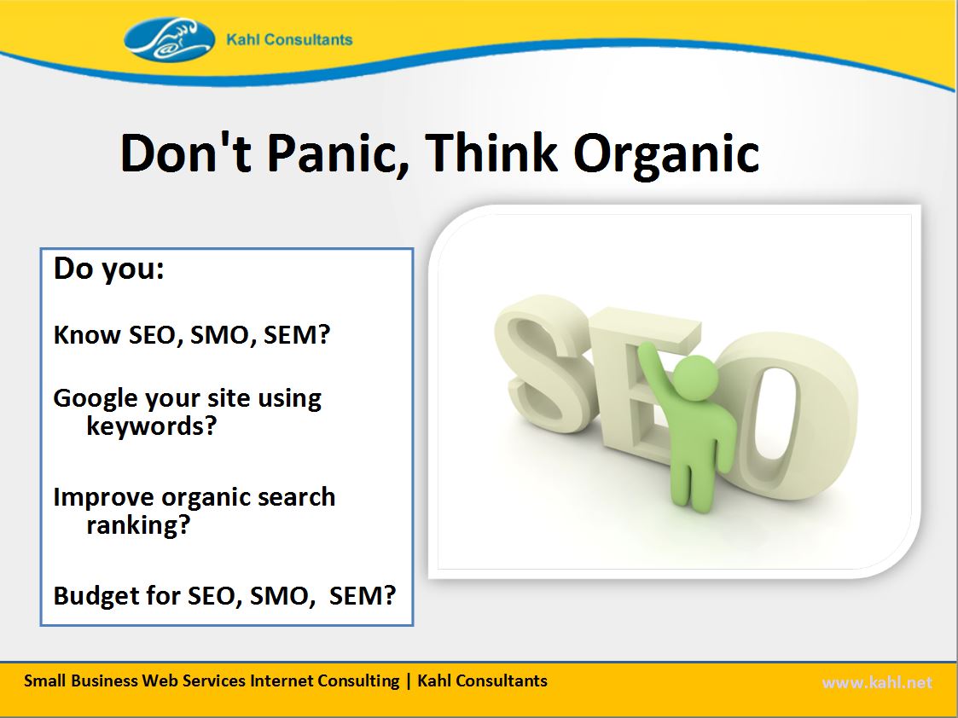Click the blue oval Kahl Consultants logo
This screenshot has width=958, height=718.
point(169,40)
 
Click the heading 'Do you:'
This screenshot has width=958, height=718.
point(108,269)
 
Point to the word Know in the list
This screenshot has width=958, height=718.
point(87,334)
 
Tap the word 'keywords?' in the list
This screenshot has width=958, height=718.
point(152,426)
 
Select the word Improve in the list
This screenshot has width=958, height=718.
point(103,498)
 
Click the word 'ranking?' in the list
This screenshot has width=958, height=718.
point(139,525)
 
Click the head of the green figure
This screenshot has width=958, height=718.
point(695,378)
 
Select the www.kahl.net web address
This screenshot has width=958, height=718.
point(877,682)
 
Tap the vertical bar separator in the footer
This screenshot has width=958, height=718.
point(409,681)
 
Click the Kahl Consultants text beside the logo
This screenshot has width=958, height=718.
point(289,40)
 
